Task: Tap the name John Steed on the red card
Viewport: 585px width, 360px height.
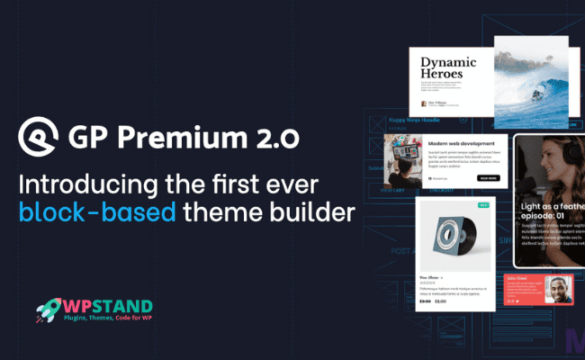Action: (x=520, y=279)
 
